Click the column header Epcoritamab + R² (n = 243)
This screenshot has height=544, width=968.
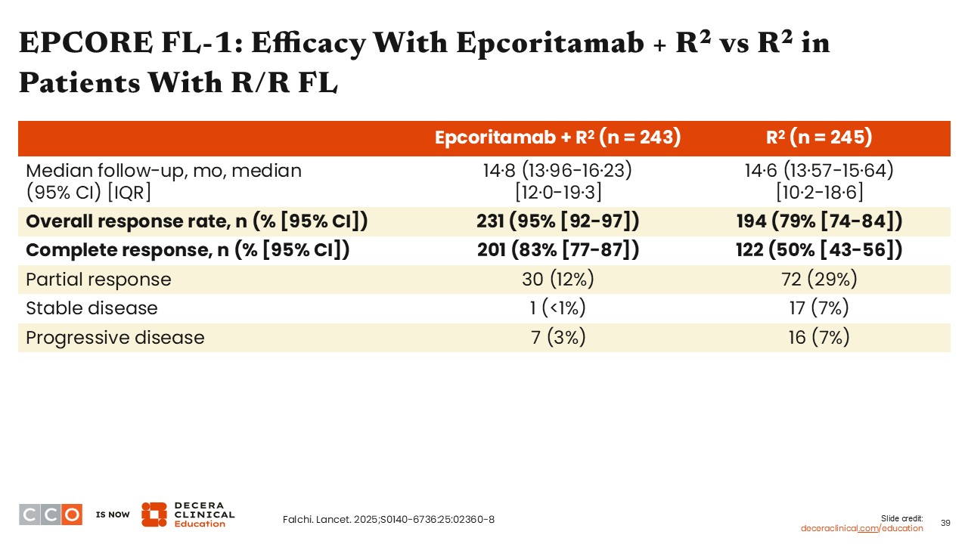(558, 138)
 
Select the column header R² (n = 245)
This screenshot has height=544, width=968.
(819, 138)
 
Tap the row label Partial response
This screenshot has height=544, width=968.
(98, 280)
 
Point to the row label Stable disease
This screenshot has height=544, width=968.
(92, 308)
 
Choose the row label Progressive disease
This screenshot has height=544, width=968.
(115, 337)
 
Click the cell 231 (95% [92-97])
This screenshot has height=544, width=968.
(558, 221)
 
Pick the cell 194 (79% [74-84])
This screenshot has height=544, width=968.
(819, 221)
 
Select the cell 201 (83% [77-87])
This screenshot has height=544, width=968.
(558, 250)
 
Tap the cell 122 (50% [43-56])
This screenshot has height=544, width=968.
(819, 250)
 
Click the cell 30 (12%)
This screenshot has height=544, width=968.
(558, 280)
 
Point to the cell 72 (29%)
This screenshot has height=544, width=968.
(819, 280)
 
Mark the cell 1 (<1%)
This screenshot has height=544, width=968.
(558, 308)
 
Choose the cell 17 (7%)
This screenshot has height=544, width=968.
(819, 308)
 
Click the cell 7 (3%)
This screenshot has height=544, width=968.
(558, 337)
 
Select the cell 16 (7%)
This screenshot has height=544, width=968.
(819, 337)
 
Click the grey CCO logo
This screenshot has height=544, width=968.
(51, 515)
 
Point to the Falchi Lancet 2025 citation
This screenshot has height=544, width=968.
(388, 519)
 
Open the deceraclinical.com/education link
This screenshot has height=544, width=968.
(862, 528)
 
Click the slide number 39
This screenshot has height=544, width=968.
(945, 523)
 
